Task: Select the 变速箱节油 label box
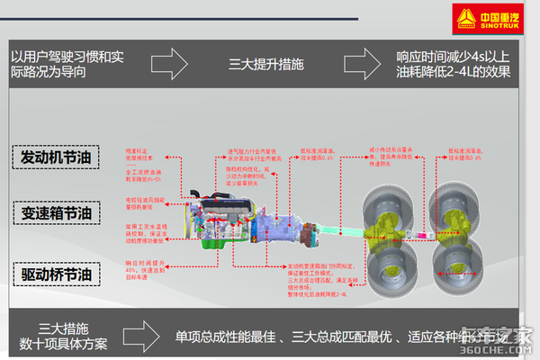[56, 213]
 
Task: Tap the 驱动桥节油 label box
[56, 273]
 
